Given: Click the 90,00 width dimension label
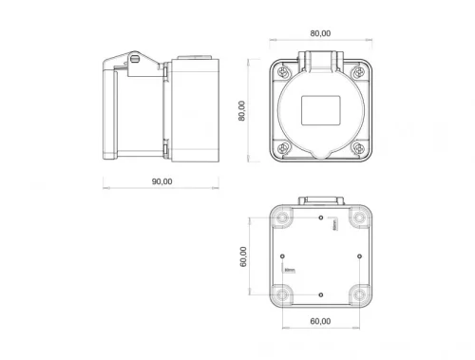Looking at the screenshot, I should coord(161,180).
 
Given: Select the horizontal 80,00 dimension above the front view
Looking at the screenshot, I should coord(320,33).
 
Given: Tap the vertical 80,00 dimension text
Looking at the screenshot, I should coord(243,111).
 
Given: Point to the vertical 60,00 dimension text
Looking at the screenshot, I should coord(244,256).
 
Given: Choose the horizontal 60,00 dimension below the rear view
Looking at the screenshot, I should coord(320,322).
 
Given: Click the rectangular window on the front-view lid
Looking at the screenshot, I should coord(320,112).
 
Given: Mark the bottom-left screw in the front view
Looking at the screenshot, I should coord(283,148).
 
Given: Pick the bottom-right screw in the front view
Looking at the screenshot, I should coord(357,148).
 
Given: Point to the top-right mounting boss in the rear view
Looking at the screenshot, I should coord(358,218).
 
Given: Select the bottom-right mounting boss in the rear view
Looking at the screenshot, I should coord(358,293).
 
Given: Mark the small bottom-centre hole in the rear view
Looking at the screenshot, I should coord(321,294).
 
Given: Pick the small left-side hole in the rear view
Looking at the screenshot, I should coord(284,256).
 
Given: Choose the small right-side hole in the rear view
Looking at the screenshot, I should coord(358,256).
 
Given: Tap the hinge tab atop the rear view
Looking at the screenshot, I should coord(320,200).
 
